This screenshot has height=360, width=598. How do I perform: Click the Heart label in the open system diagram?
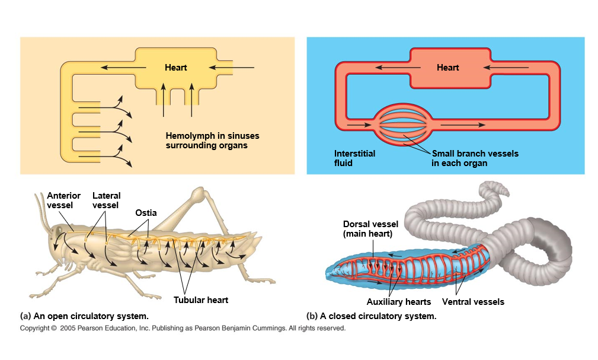pos(175,68)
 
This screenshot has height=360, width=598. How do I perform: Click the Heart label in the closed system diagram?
pos(447,68)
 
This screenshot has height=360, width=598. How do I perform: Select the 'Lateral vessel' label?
pos(106,200)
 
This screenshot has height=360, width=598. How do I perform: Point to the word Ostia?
pos(146,212)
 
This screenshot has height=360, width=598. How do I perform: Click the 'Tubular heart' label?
pos(200,300)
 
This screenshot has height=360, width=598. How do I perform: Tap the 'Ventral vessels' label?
pos(473,302)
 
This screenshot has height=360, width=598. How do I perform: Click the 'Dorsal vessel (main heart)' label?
pos(370,228)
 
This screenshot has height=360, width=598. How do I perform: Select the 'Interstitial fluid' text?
pos(354,158)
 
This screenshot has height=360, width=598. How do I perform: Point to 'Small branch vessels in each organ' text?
pos(474,158)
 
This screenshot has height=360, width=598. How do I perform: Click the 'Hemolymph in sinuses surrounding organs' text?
pos(212,140)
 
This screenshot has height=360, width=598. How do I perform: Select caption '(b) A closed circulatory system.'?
pos(371,316)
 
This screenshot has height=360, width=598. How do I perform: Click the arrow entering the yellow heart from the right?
pos(233,68)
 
